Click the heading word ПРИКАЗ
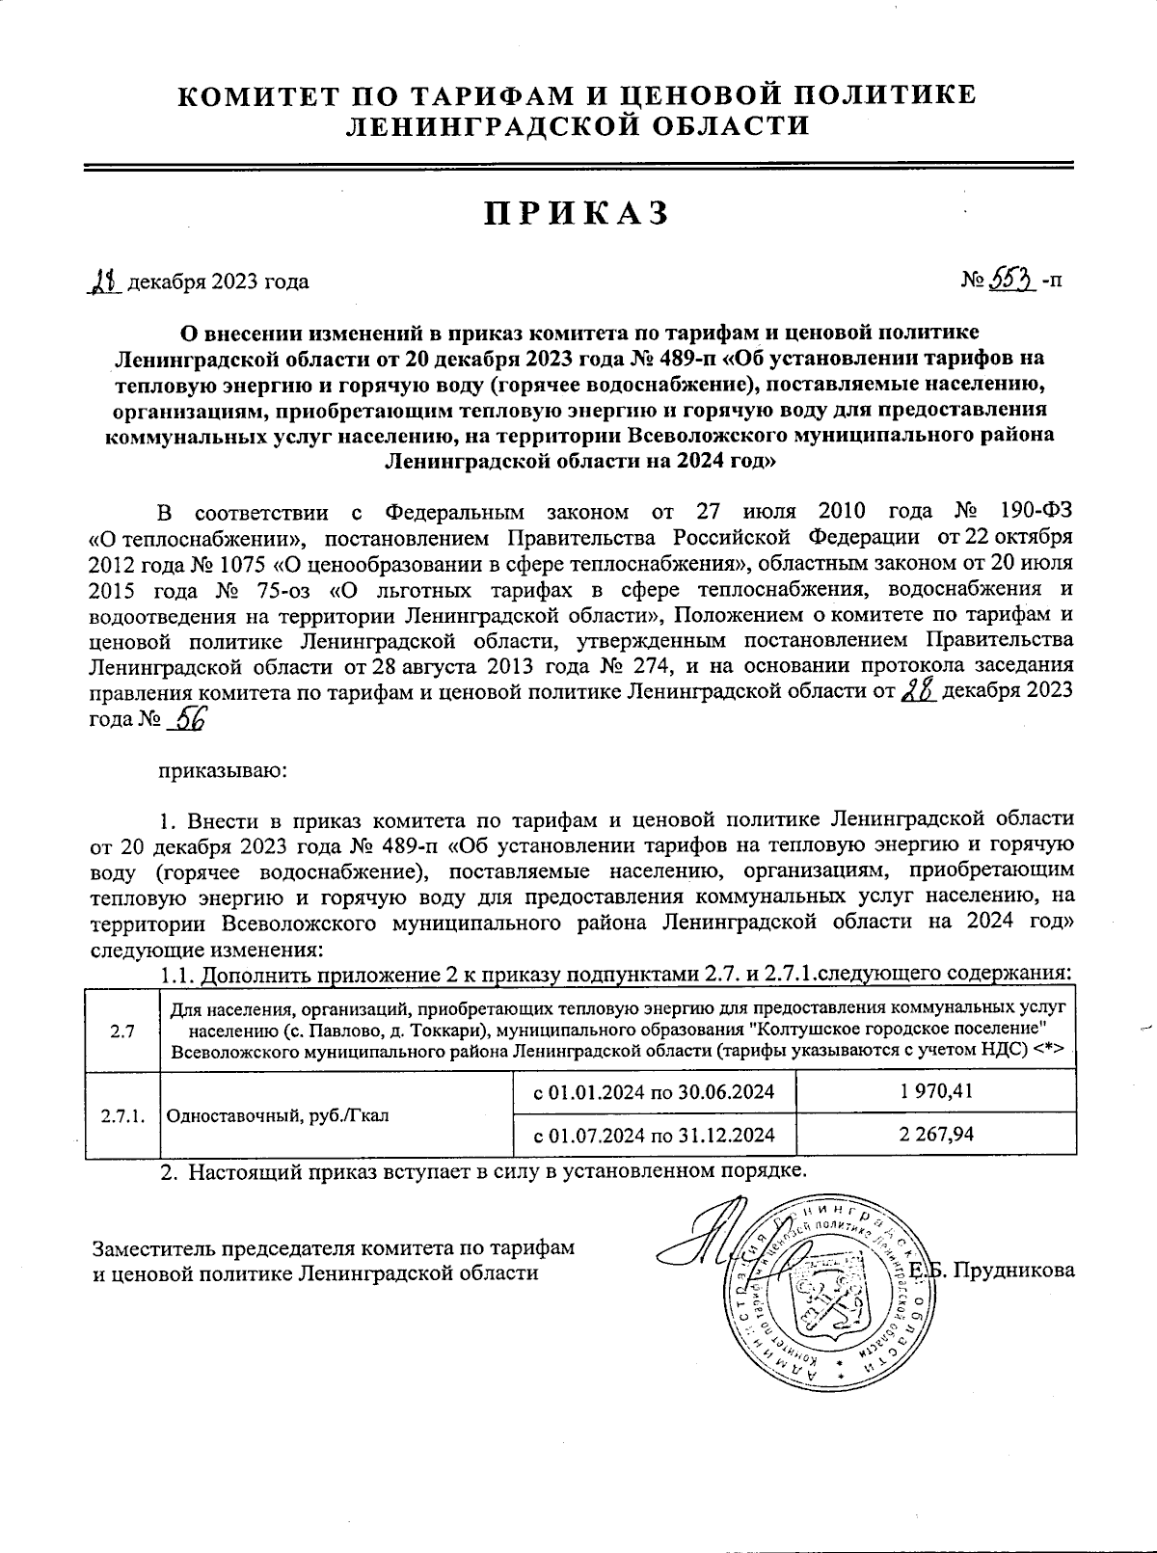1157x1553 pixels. pos(578,213)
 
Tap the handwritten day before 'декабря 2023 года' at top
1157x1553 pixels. pos(103,281)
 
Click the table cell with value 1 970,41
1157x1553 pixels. pos(936,1091)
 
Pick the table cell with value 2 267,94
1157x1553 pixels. pos(936,1134)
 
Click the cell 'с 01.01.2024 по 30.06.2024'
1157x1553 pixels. pos(655,1091)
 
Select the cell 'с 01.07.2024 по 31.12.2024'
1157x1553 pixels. pos(655,1134)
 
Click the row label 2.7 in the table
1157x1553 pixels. pos(121,1031)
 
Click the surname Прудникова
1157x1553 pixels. pos(1016,1270)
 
